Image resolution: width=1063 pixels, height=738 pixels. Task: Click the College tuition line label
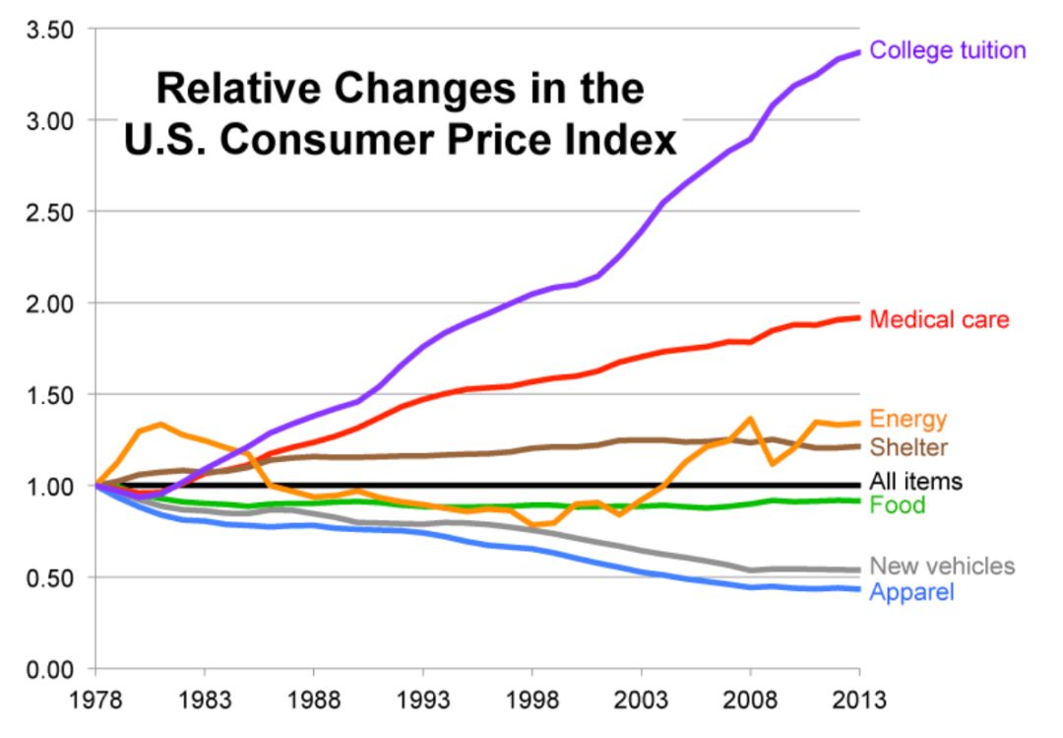[x=948, y=49]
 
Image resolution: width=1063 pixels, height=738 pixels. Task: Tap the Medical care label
[x=939, y=319]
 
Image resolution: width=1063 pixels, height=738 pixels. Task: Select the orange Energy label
[x=907, y=419]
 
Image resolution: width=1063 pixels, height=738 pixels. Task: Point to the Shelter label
[x=908, y=447]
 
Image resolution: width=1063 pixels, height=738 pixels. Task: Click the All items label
[x=915, y=482]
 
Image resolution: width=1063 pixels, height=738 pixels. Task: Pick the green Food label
[x=898, y=505]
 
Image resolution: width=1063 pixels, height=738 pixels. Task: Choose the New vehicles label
[x=942, y=566]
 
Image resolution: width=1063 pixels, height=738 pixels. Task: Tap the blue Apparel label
[x=911, y=592]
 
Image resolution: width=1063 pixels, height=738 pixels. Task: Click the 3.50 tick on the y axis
[x=49, y=30]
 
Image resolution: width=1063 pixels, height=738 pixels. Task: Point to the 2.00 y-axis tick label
[x=49, y=303]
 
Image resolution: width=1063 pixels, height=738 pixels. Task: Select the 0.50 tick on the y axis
[x=49, y=577]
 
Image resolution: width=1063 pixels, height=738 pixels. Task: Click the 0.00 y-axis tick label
[x=49, y=669]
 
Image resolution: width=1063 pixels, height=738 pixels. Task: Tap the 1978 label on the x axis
[x=96, y=701]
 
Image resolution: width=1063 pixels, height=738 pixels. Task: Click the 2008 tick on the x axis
[x=750, y=701]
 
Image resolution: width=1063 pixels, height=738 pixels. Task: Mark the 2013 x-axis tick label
[x=858, y=701]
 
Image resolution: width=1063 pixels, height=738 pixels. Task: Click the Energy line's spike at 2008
[x=750, y=419]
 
